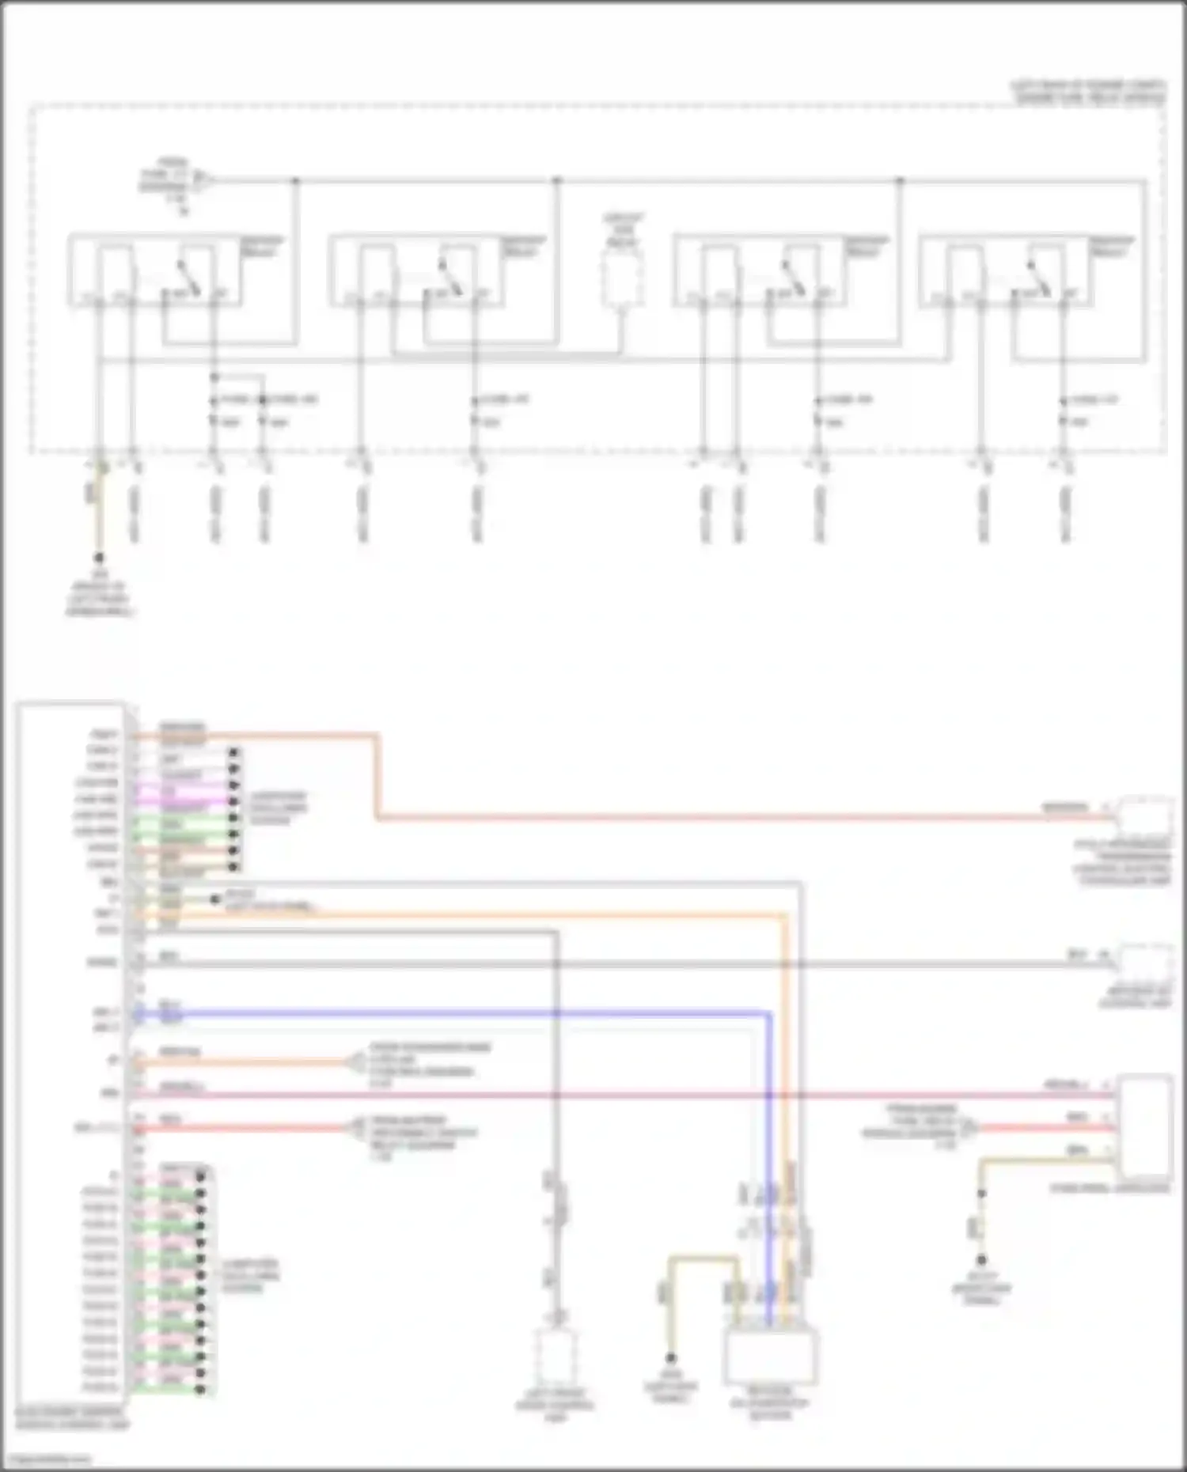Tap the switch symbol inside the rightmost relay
1037,277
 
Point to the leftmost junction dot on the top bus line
296,181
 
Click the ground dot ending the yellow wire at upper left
99,558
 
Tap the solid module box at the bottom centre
771,1356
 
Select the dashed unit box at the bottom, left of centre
557,1356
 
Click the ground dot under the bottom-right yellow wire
981,1260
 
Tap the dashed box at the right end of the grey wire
1145,964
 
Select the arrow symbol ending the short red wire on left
355,1128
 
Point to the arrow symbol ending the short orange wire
355,1062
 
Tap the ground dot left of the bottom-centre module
671,1357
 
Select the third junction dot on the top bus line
900,181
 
